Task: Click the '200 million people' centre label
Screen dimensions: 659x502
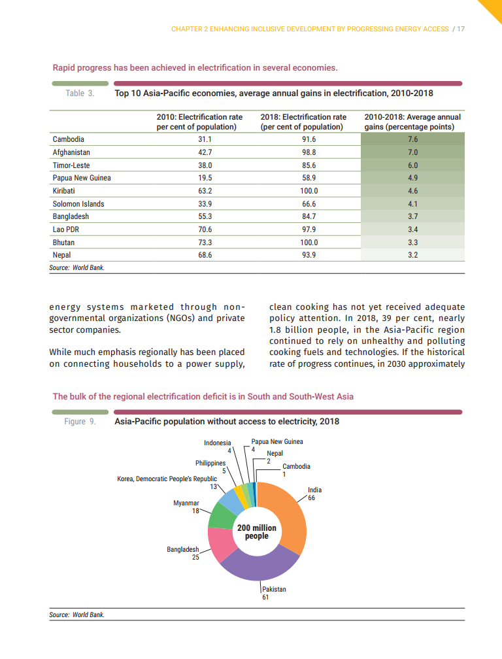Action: pyautogui.click(x=257, y=532)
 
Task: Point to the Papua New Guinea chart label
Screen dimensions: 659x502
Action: pyautogui.click(x=277, y=442)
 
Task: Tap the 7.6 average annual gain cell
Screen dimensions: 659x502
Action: pyautogui.click(x=412, y=140)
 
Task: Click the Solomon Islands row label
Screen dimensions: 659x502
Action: pyautogui.click(x=78, y=204)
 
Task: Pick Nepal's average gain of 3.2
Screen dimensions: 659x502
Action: pyautogui.click(x=412, y=255)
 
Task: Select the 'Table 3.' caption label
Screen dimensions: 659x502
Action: pyautogui.click(x=80, y=94)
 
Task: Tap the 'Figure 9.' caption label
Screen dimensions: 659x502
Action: pyautogui.click(x=80, y=422)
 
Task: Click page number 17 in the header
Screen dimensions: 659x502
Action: pyautogui.click(x=460, y=29)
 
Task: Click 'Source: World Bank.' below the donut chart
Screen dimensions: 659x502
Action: pyautogui.click(x=76, y=615)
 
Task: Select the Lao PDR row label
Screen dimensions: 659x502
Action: pyautogui.click(x=66, y=229)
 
